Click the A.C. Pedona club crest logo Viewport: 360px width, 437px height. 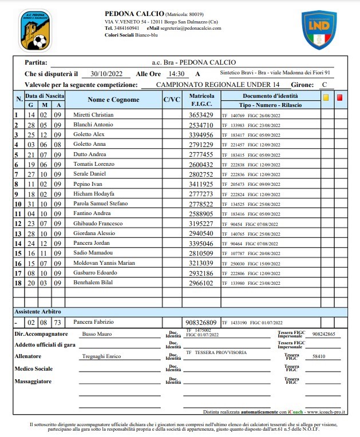point(34,30)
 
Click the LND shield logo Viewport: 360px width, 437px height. point(319,30)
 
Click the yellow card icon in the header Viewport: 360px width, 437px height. point(326,98)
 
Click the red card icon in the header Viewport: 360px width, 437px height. point(339,98)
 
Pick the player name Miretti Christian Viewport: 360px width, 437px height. point(93,115)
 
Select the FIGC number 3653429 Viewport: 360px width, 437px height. point(201,115)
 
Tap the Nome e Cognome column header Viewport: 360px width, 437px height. point(113,100)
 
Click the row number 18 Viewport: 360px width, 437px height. point(17,283)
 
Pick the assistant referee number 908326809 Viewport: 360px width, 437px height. point(201,322)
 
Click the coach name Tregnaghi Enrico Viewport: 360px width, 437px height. point(102,356)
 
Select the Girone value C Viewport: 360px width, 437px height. point(325,85)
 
